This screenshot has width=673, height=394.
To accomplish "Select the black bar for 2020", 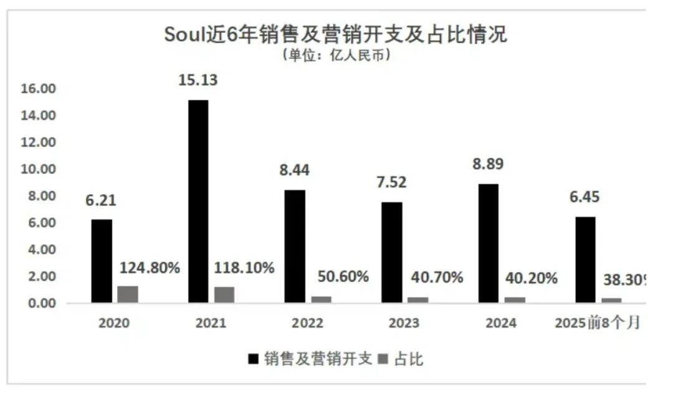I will [x=102, y=261].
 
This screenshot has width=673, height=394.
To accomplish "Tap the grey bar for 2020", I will [x=128, y=294].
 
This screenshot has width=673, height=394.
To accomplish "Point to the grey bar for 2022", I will [x=321, y=299].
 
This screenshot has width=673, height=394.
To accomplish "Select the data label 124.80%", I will [x=150, y=268].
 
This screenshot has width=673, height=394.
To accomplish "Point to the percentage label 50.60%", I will [x=343, y=276].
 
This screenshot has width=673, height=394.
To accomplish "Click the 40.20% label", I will [x=531, y=278].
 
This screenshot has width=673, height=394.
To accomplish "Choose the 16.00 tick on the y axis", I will [x=39, y=89].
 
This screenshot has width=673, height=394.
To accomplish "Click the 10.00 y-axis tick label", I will [x=39, y=169].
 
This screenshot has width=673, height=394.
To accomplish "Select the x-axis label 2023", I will [x=404, y=324].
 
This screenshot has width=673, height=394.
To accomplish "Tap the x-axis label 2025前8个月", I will [x=597, y=324].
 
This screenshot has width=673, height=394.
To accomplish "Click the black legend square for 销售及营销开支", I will [x=253, y=359].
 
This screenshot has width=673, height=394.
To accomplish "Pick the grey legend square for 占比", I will [x=383, y=359].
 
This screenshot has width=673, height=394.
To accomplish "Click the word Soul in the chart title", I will [x=185, y=34].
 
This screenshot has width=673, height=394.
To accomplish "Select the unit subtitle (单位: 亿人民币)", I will [x=336, y=55].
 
